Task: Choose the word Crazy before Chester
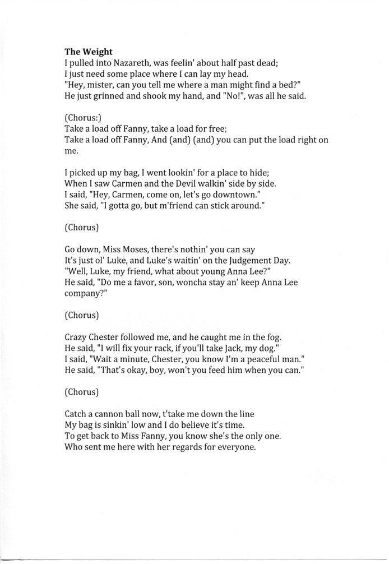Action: pyautogui.click(x=77, y=336)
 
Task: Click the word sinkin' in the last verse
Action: pyautogui.click(x=120, y=425)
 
